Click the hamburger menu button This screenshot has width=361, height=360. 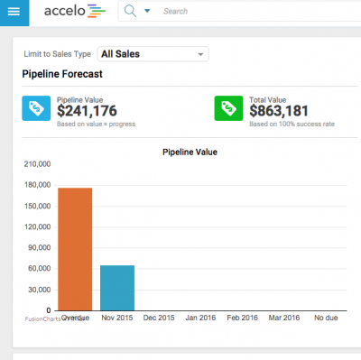click(x=14, y=12)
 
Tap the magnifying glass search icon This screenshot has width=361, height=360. click(x=130, y=12)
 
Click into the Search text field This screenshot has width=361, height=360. click(x=226, y=12)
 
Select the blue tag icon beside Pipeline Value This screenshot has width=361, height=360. click(x=35, y=108)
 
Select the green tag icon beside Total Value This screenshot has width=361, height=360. click(x=227, y=108)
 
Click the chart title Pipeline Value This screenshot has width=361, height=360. click(x=190, y=152)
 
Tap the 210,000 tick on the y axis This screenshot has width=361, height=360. click(x=33, y=164)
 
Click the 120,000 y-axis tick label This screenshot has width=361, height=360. click(x=33, y=226)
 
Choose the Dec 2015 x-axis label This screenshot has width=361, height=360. click(x=159, y=318)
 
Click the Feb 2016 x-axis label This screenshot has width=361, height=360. click(x=243, y=318)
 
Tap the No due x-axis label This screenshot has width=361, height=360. click(x=326, y=318)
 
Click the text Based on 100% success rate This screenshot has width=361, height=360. click(x=291, y=124)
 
